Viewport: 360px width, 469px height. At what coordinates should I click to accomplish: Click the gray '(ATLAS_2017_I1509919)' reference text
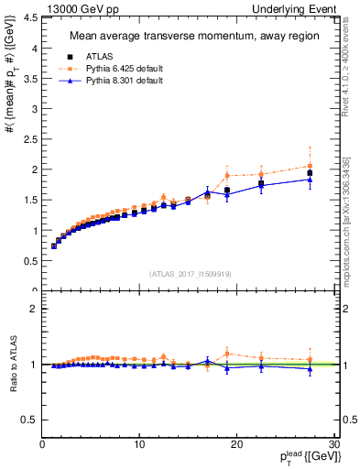(189, 273)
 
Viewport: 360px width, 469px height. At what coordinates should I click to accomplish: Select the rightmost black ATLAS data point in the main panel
(310, 173)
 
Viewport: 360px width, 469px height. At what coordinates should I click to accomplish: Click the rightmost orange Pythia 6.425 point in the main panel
(310, 166)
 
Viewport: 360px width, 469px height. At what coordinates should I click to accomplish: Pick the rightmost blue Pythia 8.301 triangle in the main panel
(310, 180)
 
